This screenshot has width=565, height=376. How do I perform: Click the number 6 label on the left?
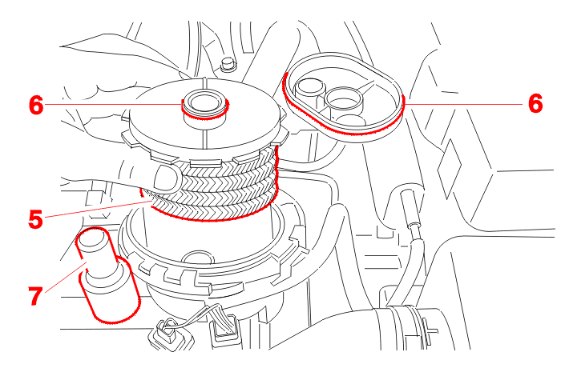36,105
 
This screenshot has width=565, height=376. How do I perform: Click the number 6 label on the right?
535,103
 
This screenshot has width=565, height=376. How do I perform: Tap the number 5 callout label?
36,219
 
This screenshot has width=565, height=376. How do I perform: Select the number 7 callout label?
36,296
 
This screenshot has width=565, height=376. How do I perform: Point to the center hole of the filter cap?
202,102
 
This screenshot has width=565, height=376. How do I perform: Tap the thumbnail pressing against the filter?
167,179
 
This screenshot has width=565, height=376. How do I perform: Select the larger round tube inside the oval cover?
344,100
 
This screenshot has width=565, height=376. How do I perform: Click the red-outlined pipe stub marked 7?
107,274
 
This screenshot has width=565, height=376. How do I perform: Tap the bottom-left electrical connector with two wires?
168,334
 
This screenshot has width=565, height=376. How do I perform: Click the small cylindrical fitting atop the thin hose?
410,208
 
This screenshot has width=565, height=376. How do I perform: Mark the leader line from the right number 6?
463,104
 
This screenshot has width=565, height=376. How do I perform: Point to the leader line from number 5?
99,210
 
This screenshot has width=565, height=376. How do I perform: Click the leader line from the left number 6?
113,104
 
